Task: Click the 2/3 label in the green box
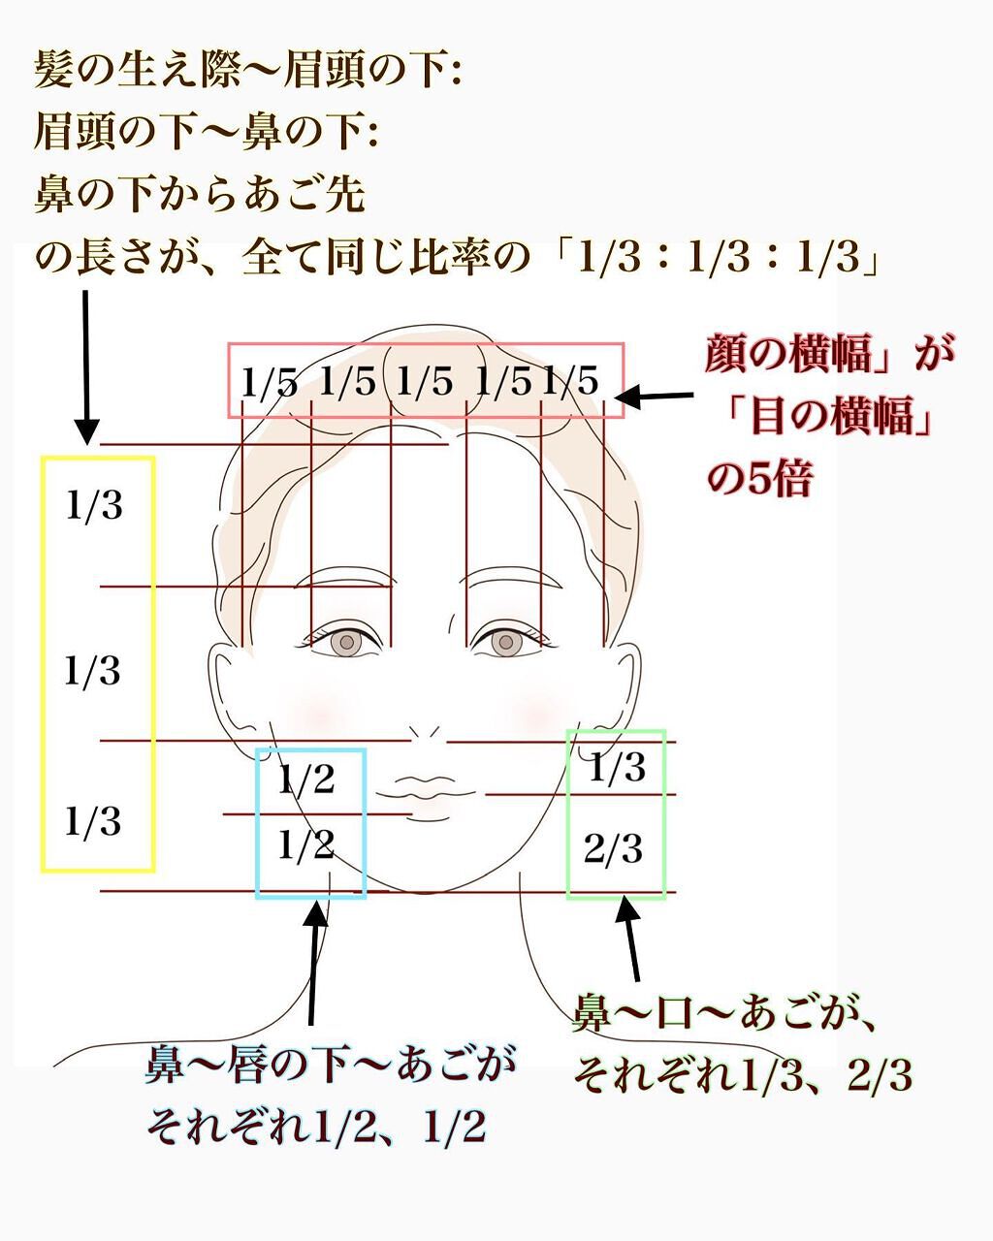pos(614,849)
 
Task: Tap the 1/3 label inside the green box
pos(617,768)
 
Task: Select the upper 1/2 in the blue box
pos(305,779)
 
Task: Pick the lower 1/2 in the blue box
pos(305,845)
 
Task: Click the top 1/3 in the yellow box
pos(95,505)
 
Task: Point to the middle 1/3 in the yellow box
pos(93,671)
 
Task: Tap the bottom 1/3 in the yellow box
pos(93,821)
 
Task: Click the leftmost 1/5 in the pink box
pos(269,383)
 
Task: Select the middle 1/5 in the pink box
pos(425,383)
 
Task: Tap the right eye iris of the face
pos(504,642)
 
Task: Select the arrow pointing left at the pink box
pos(654,396)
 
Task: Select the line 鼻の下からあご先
pos(200,194)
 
